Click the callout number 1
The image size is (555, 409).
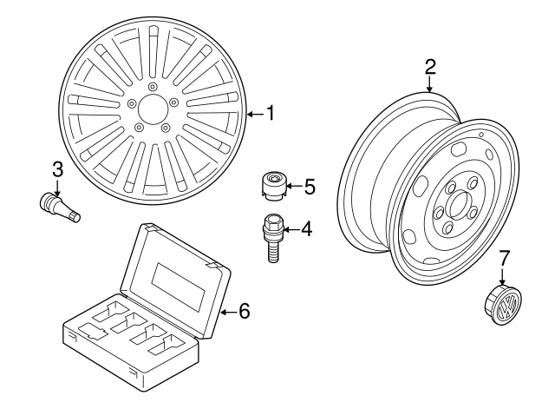coord(270,113)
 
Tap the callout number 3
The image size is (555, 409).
coord(56,168)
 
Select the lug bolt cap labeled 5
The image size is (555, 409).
coord(274,186)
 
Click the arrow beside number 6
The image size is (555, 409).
coord(227,311)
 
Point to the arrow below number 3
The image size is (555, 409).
coord(56,185)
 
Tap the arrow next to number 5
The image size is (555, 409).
coord(293,186)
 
